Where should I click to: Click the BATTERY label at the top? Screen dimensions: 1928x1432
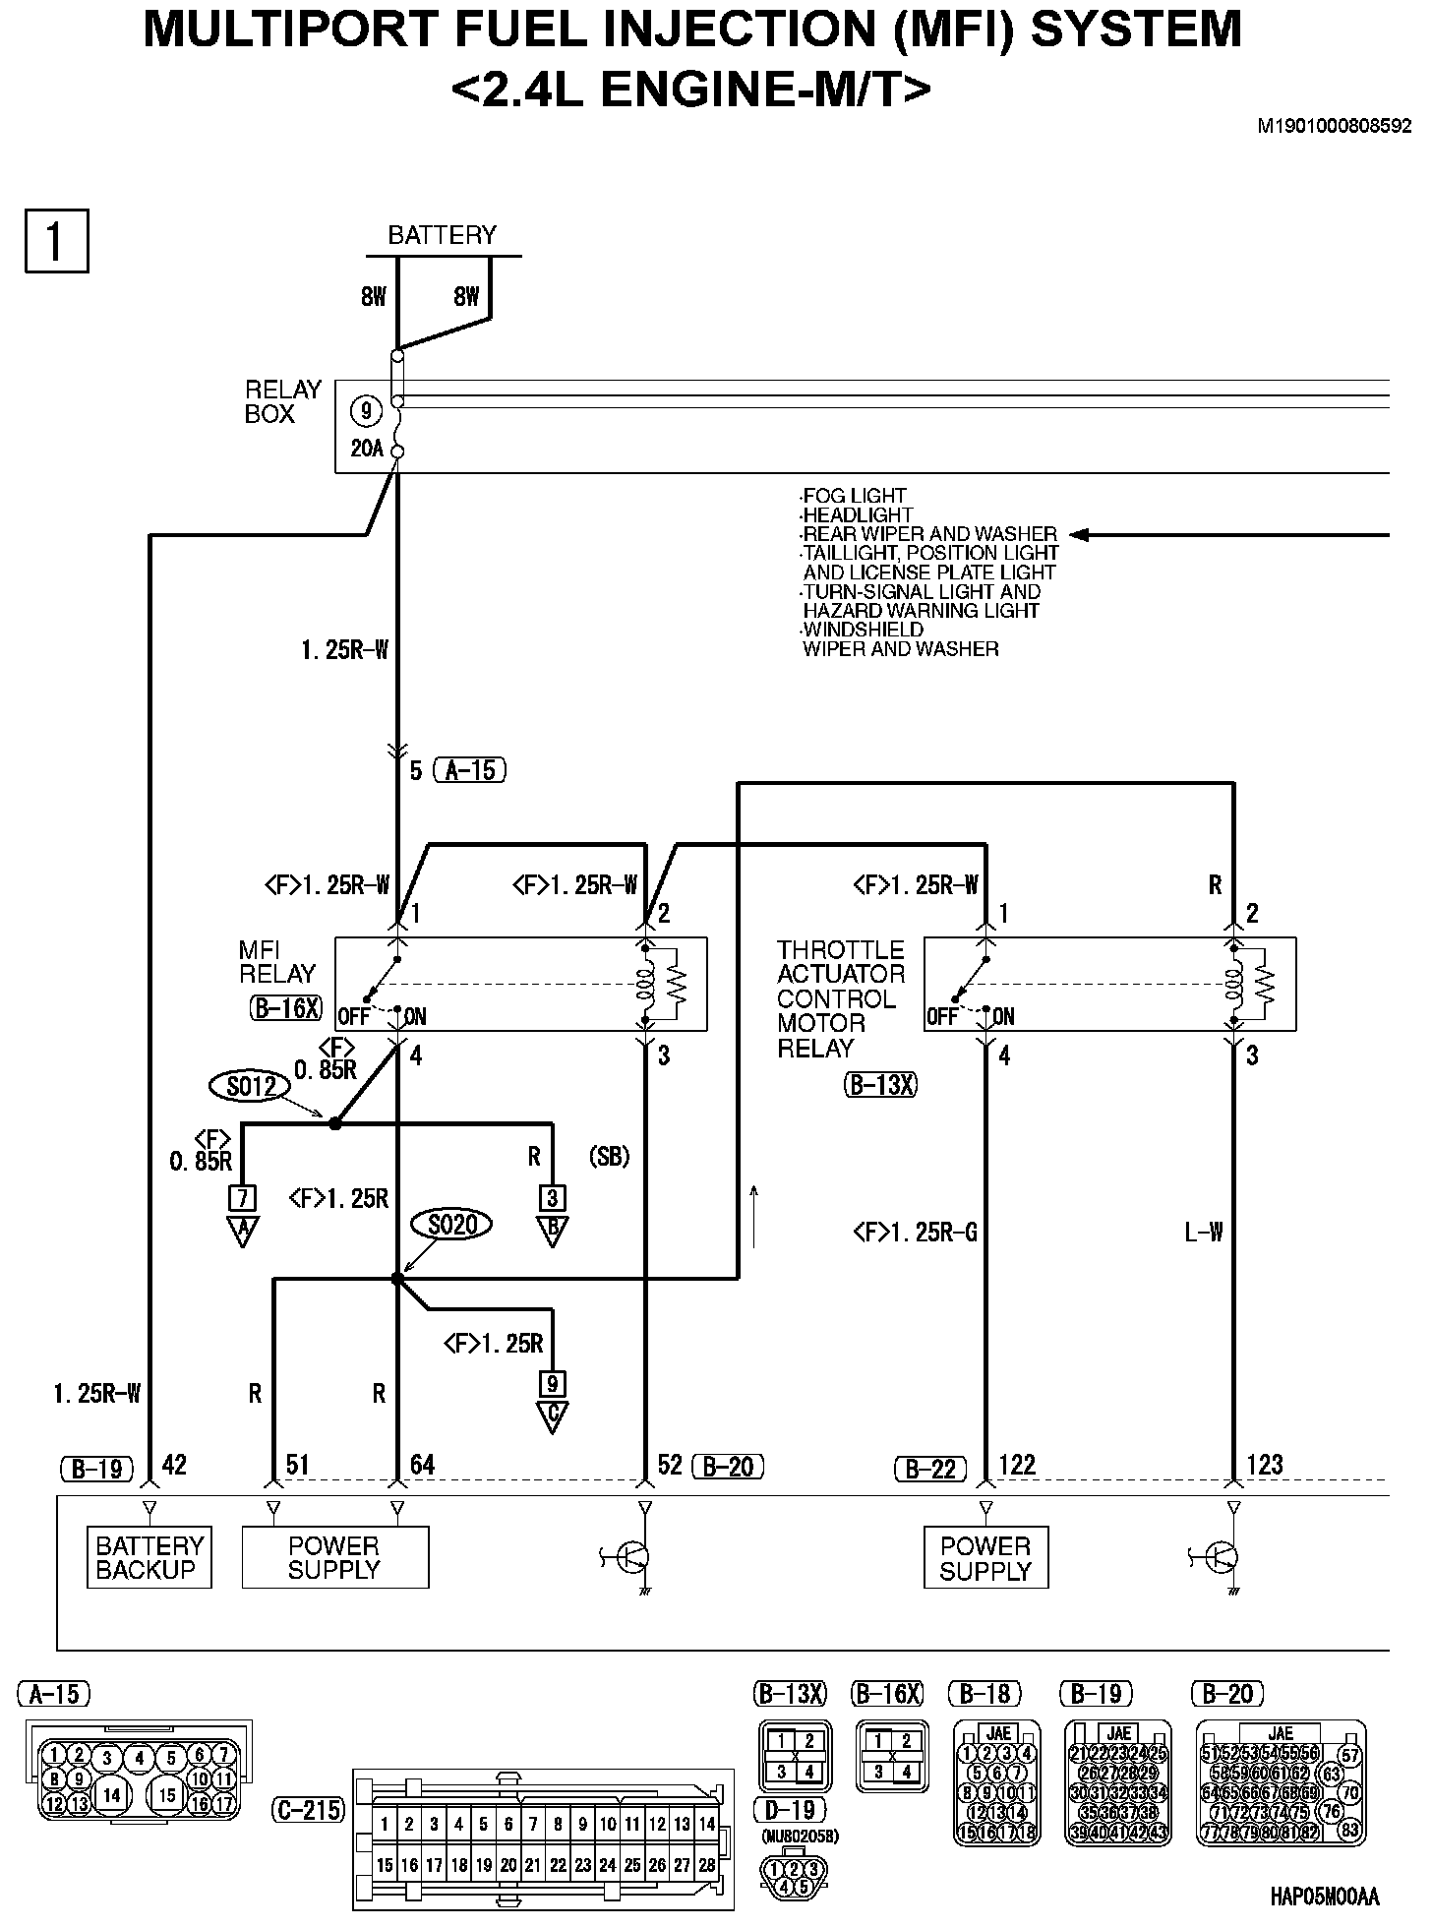point(442,235)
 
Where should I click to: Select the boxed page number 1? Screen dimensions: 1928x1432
point(56,240)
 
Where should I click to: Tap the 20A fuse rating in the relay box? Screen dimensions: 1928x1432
point(366,449)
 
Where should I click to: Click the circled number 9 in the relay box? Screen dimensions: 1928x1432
point(366,410)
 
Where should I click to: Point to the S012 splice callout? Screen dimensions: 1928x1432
point(251,1086)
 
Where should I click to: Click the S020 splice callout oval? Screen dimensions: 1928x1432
point(451,1225)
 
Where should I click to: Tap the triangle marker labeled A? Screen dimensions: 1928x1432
point(242,1232)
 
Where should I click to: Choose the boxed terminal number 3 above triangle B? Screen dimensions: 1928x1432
point(553,1198)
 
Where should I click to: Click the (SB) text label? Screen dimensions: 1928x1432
point(609,1157)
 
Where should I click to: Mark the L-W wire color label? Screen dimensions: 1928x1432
point(1203,1232)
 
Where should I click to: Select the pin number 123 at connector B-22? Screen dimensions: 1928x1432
point(1264,1465)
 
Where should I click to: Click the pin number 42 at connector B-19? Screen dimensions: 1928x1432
point(174,1465)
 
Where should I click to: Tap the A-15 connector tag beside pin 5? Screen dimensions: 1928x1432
point(470,770)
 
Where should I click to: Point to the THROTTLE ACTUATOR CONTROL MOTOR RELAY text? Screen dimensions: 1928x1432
point(840,998)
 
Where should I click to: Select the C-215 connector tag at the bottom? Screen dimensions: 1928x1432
point(308,1809)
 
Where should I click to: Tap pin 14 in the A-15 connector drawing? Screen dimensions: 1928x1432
point(112,1794)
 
